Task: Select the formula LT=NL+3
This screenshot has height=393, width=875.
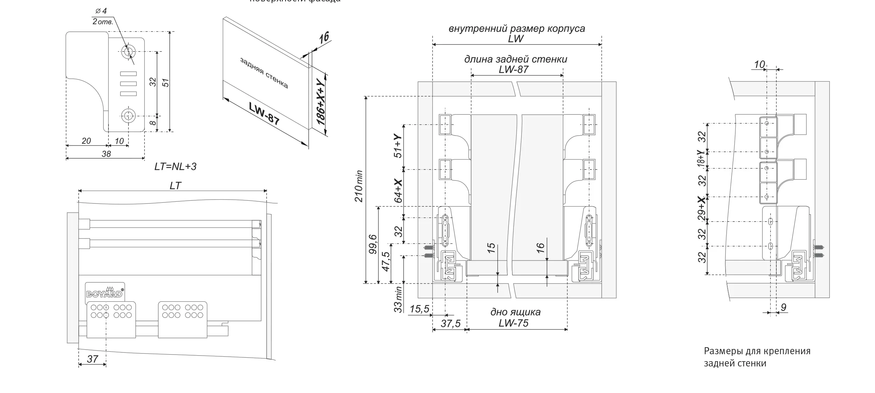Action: click(x=175, y=166)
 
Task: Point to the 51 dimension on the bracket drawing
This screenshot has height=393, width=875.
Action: click(x=166, y=83)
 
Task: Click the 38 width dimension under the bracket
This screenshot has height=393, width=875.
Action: click(x=106, y=154)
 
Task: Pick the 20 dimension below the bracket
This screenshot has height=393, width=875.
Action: click(x=86, y=141)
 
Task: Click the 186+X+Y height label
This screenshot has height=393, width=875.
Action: click(x=321, y=102)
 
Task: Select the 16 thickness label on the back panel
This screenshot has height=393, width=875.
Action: click(x=324, y=37)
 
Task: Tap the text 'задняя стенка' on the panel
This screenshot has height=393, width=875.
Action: click(x=264, y=73)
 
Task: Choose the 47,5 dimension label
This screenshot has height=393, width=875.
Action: click(x=385, y=262)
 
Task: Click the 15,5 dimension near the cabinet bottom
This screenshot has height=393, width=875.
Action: click(x=419, y=309)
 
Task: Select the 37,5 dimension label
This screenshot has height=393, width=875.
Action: click(x=450, y=324)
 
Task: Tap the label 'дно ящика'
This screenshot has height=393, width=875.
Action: click(x=515, y=312)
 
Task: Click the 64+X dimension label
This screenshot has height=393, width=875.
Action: click(x=398, y=191)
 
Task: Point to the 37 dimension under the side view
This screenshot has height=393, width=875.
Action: click(x=92, y=359)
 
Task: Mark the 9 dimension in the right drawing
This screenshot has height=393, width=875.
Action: click(x=784, y=307)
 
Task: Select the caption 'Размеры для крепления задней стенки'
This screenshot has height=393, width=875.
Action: click(x=757, y=357)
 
